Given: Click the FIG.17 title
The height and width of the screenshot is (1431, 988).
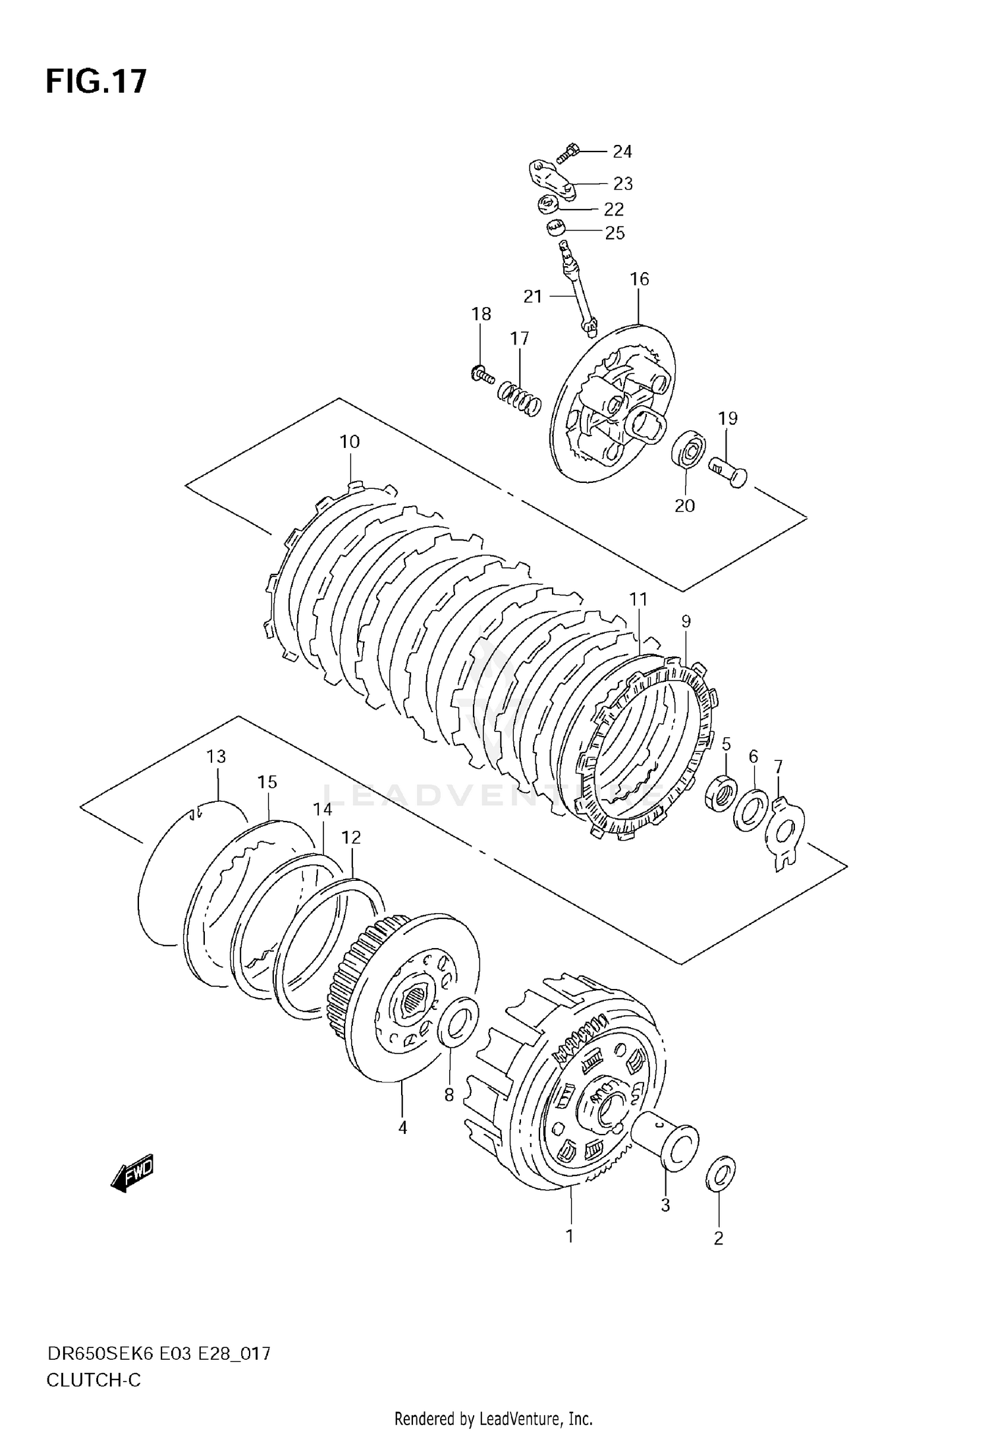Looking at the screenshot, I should [96, 82].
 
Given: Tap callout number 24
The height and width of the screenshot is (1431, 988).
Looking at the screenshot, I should [622, 152].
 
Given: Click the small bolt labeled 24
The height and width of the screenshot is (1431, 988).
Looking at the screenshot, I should [568, 154].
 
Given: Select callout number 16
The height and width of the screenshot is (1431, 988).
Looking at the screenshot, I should [639, 279].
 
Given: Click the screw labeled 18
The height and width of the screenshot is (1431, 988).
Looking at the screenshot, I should [482, 376].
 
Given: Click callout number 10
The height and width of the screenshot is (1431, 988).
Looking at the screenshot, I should [350, 441].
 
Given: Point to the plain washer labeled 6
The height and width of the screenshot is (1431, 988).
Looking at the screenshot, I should [751, 809].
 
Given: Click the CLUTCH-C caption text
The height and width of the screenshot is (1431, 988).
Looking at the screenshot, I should [94, 1380].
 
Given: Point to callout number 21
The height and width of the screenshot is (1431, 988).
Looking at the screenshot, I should [532, 296].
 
